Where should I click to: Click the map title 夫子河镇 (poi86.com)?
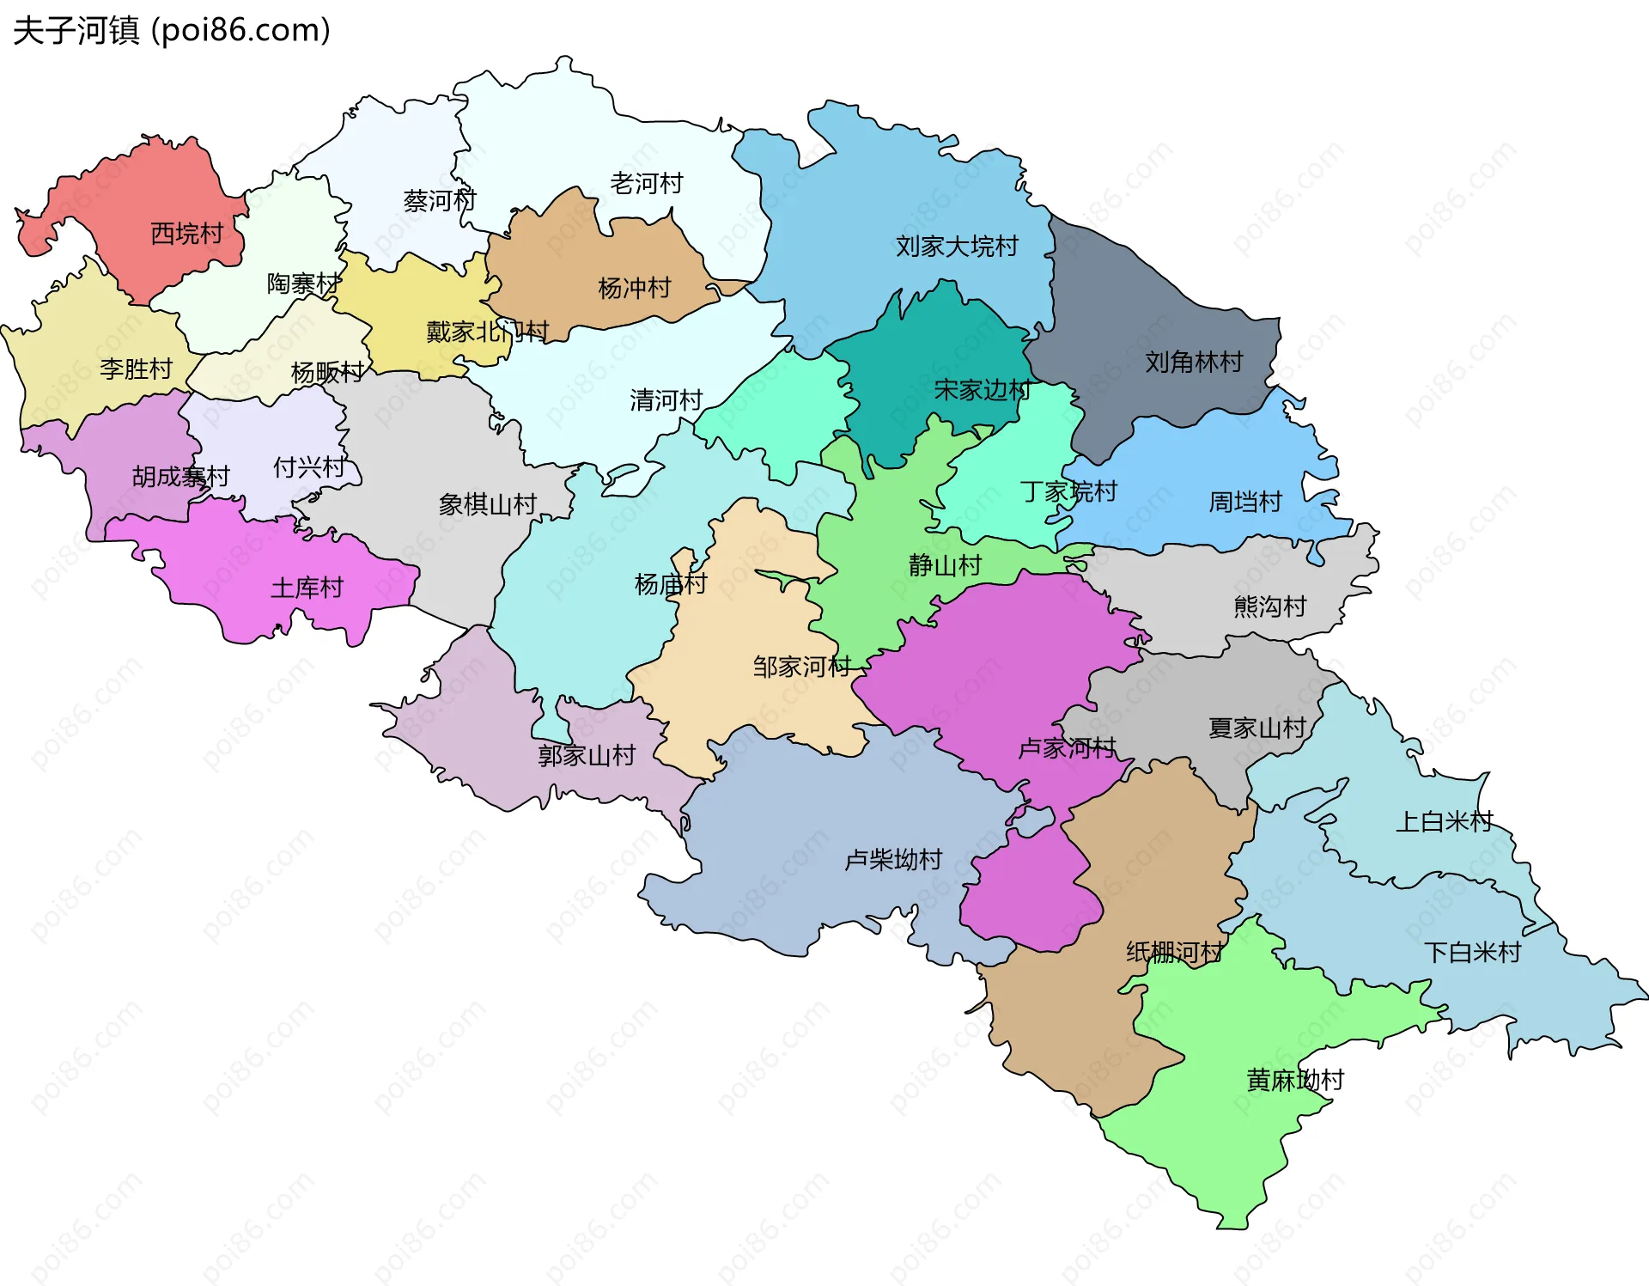pyautogui.click(x=172, y=31)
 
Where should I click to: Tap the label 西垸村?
pyautogui.click(x=186, y=233)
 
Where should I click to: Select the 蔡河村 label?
pyautogui.click(x=439, y=201)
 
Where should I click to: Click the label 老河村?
pyautogui.click(x=646, y=183)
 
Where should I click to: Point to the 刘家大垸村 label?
pyautogui.click(x=956, y=247)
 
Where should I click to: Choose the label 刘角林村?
pyautogui.click(x=1193, y=362)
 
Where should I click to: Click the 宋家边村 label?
pyautogui.click(x=982, y=390)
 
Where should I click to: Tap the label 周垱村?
pyautogui.click(x=1244, y=502)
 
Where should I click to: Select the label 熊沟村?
pyautogui.click(x=1269, y=606)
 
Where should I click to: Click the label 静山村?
pyautogui.click(x=945, y=565)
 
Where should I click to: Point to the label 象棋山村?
pyautogui.click(x=487, y=504)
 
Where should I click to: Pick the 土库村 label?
pyautogui.click(x=307, y=588)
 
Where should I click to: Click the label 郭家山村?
pyautogui.click(x=586, y=755)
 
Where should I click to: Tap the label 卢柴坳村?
pyautogui.click(x=893, y=859)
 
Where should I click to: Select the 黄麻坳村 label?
pyautogui.click(x=1294, y=1080)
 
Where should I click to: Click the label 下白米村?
pyautogui.click(x=1472, y=952)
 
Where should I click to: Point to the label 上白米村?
pyautogui.click(x=1444, y=821)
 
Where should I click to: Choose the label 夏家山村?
pyautogui.click(x=1257, y=728)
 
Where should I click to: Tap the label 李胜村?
pyautogui.click(x=136, y=369)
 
